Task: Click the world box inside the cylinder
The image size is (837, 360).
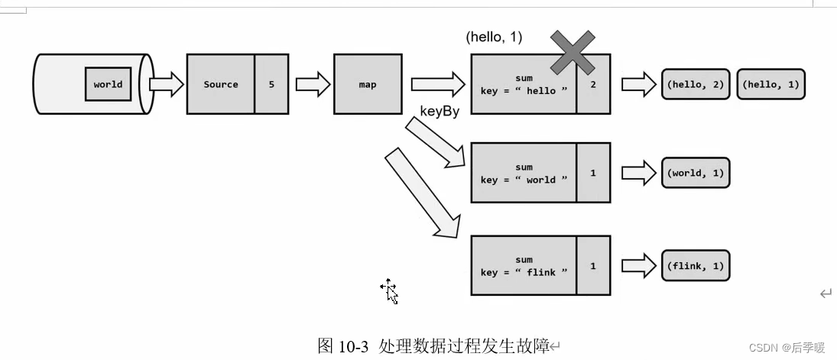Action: click(108, 84)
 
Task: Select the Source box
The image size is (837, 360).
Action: click(221, 84)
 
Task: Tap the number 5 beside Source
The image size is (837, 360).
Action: click(271, 84)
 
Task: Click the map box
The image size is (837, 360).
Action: click(368, 84)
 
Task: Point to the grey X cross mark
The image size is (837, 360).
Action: click(573, 53)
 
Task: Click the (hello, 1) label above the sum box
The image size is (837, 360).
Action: click(494, 37)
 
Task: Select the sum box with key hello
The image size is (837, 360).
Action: click(524, 84)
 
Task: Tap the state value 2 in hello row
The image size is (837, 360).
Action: click(593, 84)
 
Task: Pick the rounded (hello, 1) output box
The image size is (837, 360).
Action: click(770, 84)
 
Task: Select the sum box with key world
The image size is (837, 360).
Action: click(524, 173)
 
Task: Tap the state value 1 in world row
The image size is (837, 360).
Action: click(593, 173)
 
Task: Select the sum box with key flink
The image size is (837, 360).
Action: click(524, 265)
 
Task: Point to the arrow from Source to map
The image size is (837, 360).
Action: click(312, 84)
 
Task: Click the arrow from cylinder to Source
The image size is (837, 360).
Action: click(166, 84)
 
